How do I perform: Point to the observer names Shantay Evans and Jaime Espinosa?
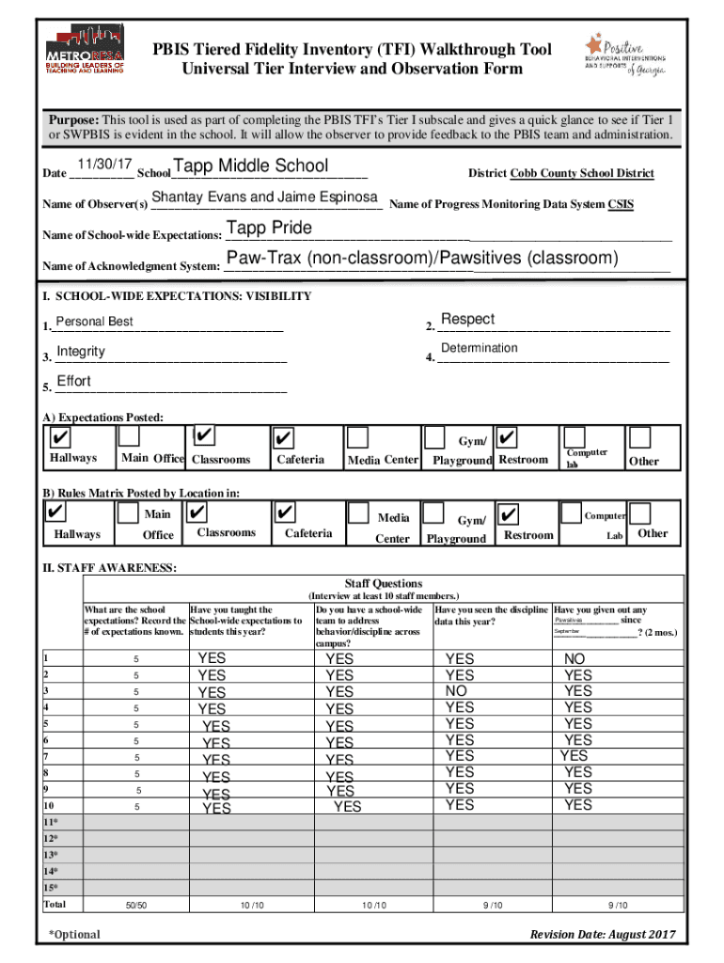click(x=264, y=197)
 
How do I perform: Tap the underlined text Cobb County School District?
click(x=582, y=173)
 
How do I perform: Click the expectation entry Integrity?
click(x=81, y=352)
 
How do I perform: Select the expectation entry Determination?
click(x=479, y=348)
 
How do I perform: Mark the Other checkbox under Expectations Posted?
click(x=640, y=437)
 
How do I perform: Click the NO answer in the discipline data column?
click(x=456, y=691)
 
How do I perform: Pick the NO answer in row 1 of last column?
click(x=574, y=660)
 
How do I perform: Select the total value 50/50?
click(x=135, y=905)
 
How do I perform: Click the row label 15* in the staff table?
click(x=51, y=888)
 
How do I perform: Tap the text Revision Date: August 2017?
click(x=603, y=934)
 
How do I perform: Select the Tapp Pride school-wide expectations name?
click(x=269, y=229)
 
